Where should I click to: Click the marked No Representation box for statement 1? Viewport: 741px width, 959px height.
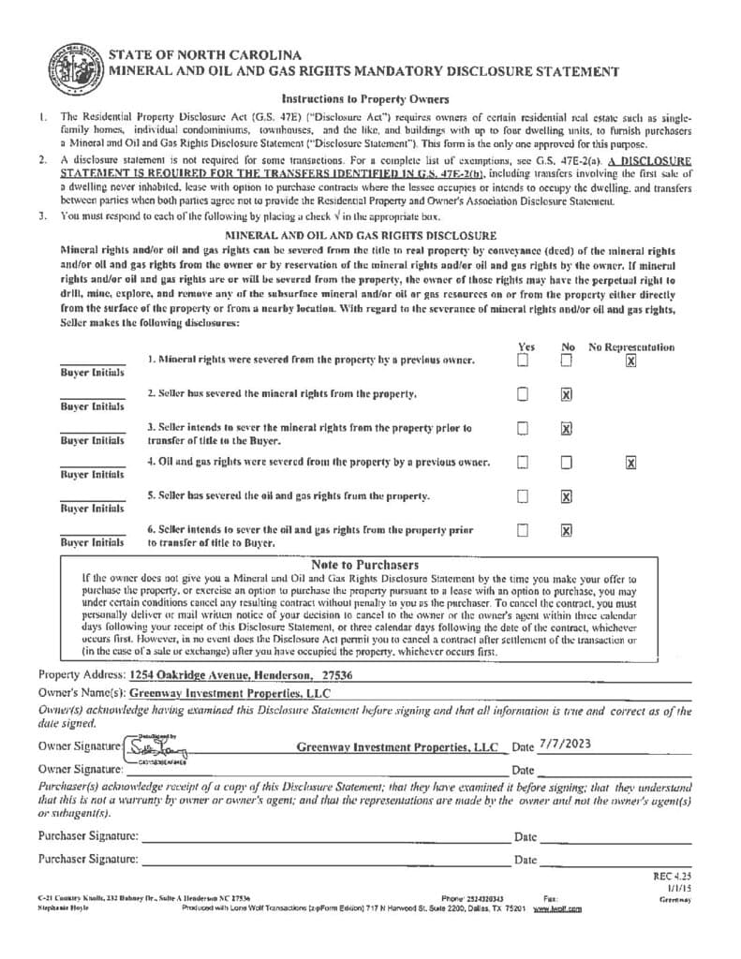coord(630,361)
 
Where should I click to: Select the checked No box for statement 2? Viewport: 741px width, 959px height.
coord(566,395)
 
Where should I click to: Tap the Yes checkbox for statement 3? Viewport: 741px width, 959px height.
coord(524,429)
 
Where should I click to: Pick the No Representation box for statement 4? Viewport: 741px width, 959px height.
coord(630,462)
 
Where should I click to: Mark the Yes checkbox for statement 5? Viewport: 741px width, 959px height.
coord(524,496)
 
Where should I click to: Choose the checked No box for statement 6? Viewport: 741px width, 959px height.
coord(566,530)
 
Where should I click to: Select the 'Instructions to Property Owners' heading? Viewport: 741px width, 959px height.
coord(365,99)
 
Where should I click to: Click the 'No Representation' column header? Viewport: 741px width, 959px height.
coord(631,347)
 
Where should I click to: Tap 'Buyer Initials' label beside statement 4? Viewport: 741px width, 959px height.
coord(92,475)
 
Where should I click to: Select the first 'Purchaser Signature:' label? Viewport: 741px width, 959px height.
coord(89,835)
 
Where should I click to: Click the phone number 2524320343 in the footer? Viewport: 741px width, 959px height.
coord(484,899)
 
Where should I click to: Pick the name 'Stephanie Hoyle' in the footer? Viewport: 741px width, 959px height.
coord(62,908)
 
